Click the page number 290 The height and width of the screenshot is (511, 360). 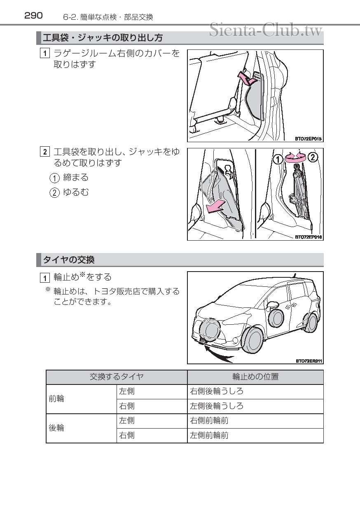pyautogui.click(x=33, y=16)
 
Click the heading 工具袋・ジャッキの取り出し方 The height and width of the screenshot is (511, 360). pyautogui.click(x=103, y=38)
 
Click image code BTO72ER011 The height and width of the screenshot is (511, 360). pyautogui.click(x=309, y=361)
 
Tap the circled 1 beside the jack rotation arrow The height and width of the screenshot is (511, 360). pyautogui.click(x=278, y=157)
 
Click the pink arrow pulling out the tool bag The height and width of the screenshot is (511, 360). pyautogui.click(x=217, y=206)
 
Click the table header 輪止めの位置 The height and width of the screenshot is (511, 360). pyautogui.click(x=255, y=377)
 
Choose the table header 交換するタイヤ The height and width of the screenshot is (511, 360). pyautogui.click(x=117, y=377)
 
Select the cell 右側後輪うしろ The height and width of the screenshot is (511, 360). pyautogui.click(x=216, y=391)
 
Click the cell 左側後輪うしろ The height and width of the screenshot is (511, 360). pyautogui.click(x=216, y=406)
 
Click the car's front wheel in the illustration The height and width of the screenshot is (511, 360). pyautogui.click(x=253, y=339)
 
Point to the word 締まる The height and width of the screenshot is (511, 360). pyautogui.click(x=75, y=178)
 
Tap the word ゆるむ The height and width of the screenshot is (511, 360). pyautogui.click(x=75, y=192)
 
